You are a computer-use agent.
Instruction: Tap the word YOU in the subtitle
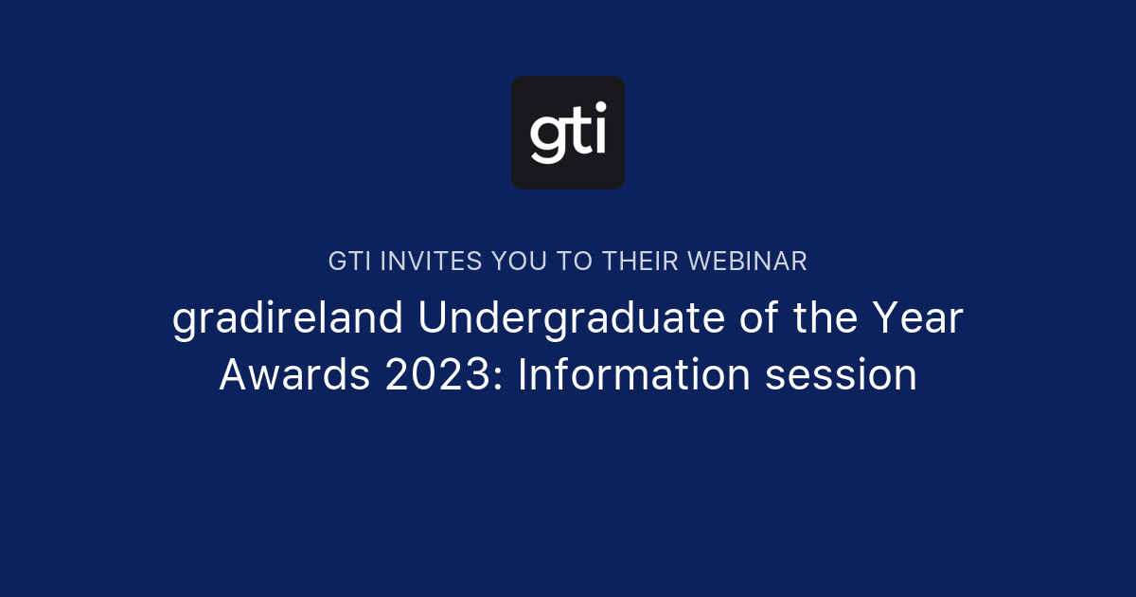click(519, 262)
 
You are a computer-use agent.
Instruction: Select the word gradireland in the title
click(289, 320)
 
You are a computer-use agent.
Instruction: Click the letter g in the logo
click(548, 138)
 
